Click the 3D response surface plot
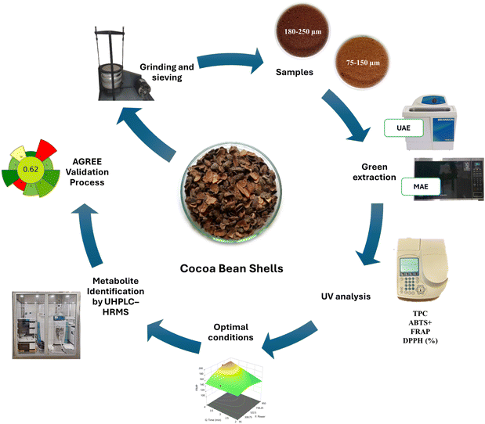pyautogui.click(x=232, y=384)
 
